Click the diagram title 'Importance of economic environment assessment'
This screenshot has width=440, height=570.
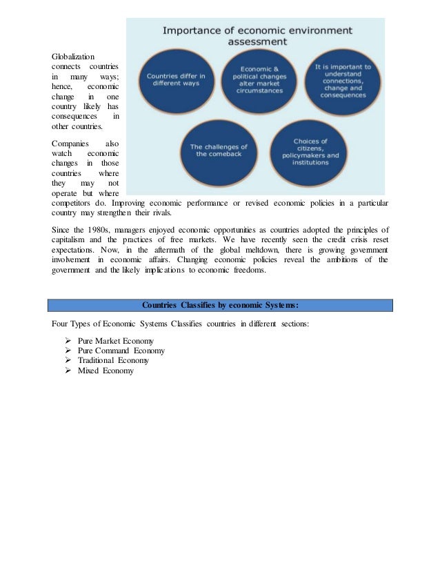coord(257,36)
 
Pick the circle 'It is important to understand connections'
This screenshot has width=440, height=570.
coord(342,82)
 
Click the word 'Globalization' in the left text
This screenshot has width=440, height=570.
coord(74,57)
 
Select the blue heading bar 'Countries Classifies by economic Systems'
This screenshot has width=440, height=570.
coord(220,305)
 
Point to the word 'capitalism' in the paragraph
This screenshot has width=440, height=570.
coord(72,239)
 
